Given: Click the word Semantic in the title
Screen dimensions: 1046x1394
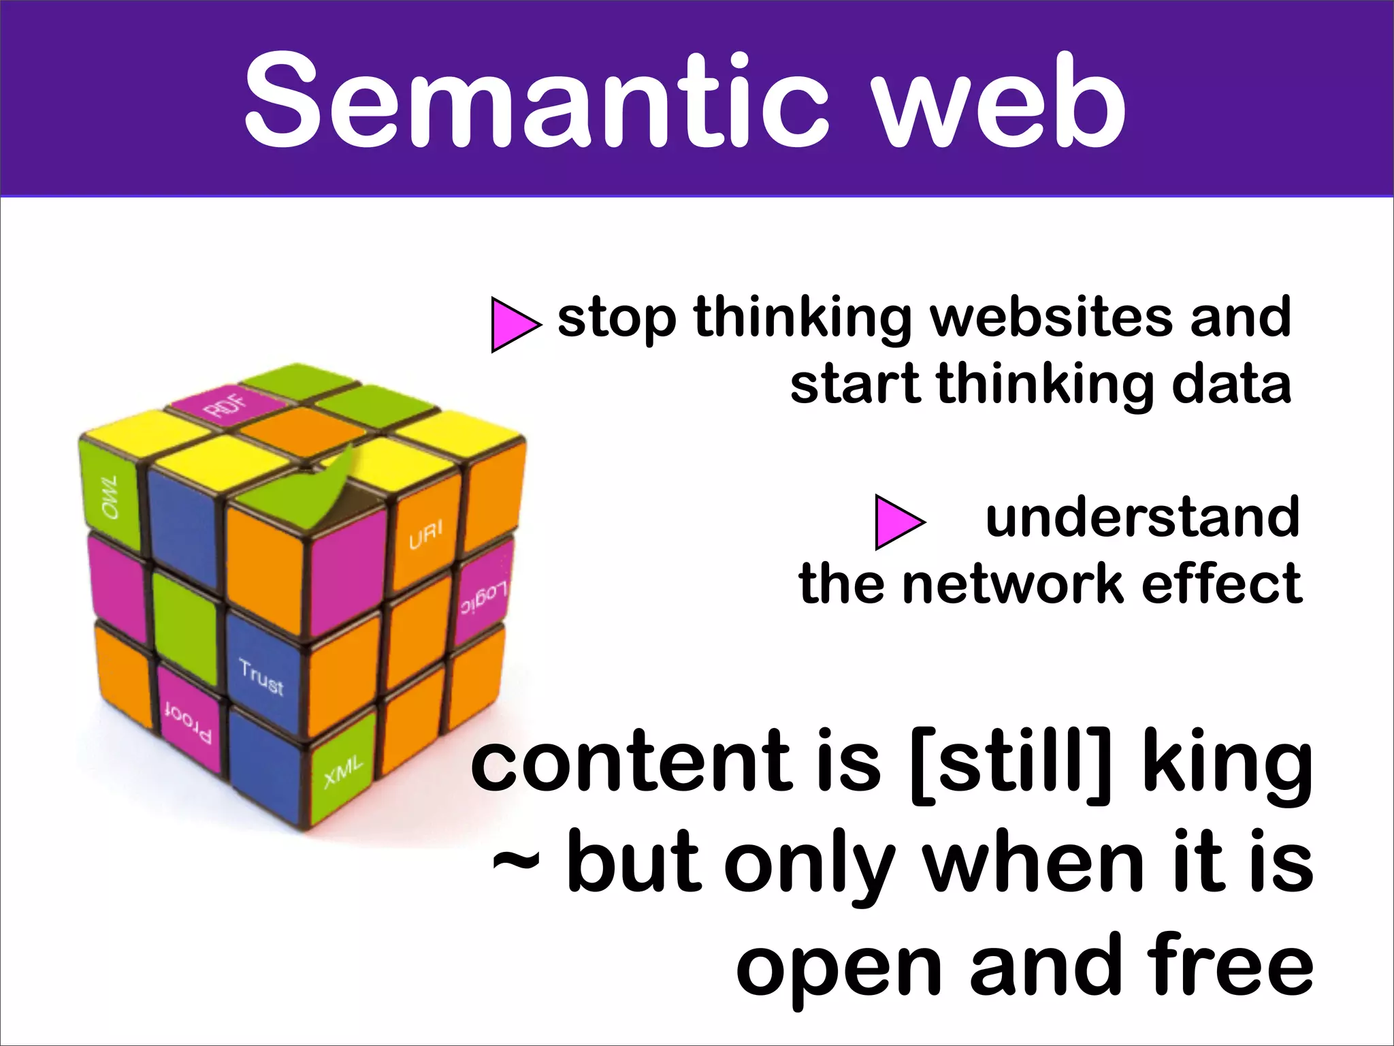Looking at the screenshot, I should tap(538, 102).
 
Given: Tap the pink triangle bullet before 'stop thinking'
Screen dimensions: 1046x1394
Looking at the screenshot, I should tap(514, 324).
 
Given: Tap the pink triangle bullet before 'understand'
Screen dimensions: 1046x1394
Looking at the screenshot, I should tap(898, 522).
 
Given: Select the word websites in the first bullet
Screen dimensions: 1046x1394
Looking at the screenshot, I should tap(1051, 317).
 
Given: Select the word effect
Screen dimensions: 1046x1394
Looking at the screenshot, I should tap(1222, 584).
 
